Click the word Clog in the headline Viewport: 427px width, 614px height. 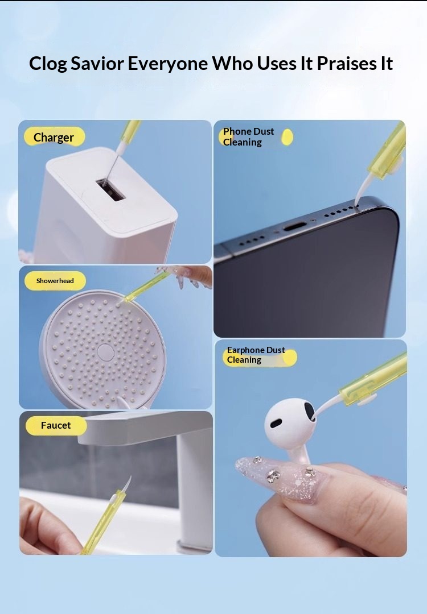click(x=48, y=64)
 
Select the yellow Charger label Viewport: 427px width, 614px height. click(x=54, y=137)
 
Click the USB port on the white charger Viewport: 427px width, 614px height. click(x=111, y=189)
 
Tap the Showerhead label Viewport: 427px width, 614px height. click(x=55, y=281)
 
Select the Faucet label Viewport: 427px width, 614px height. click(x=56, y=425)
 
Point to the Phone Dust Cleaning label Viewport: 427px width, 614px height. click(x=255, y=137)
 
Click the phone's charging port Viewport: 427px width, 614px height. click(x=294, y=227)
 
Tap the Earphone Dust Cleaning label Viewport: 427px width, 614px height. click(x=259, y=355)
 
